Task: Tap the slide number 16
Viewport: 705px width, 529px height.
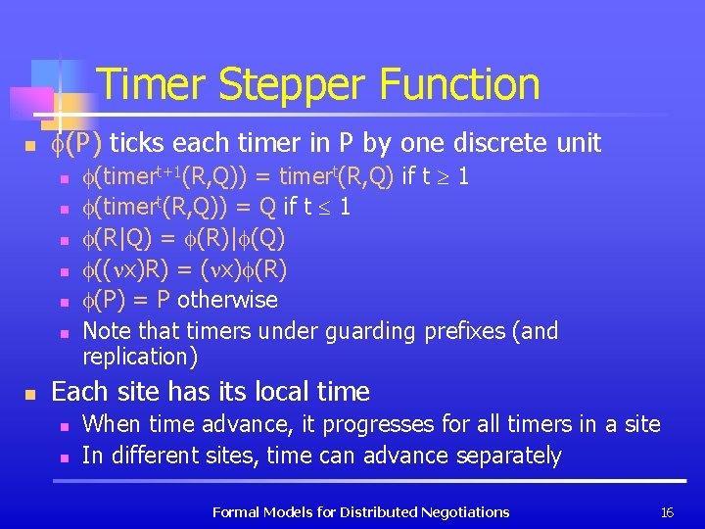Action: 668,511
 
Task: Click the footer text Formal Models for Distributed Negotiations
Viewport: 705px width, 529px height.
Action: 360,511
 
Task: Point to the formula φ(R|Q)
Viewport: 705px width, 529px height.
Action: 115,239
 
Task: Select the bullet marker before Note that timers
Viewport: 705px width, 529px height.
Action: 63,333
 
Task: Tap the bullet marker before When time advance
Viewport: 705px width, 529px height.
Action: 63,426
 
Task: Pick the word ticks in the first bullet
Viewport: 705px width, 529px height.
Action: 141,144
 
